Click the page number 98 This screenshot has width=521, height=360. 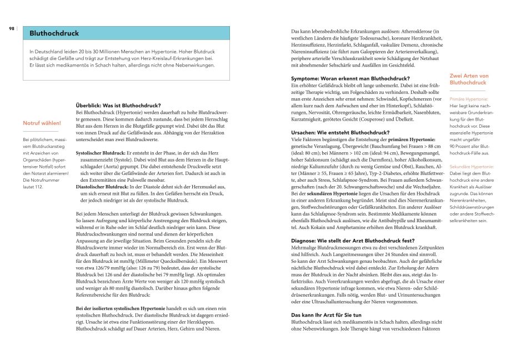[11, 28]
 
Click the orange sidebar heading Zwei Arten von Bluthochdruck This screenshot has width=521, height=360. [468, 79]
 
